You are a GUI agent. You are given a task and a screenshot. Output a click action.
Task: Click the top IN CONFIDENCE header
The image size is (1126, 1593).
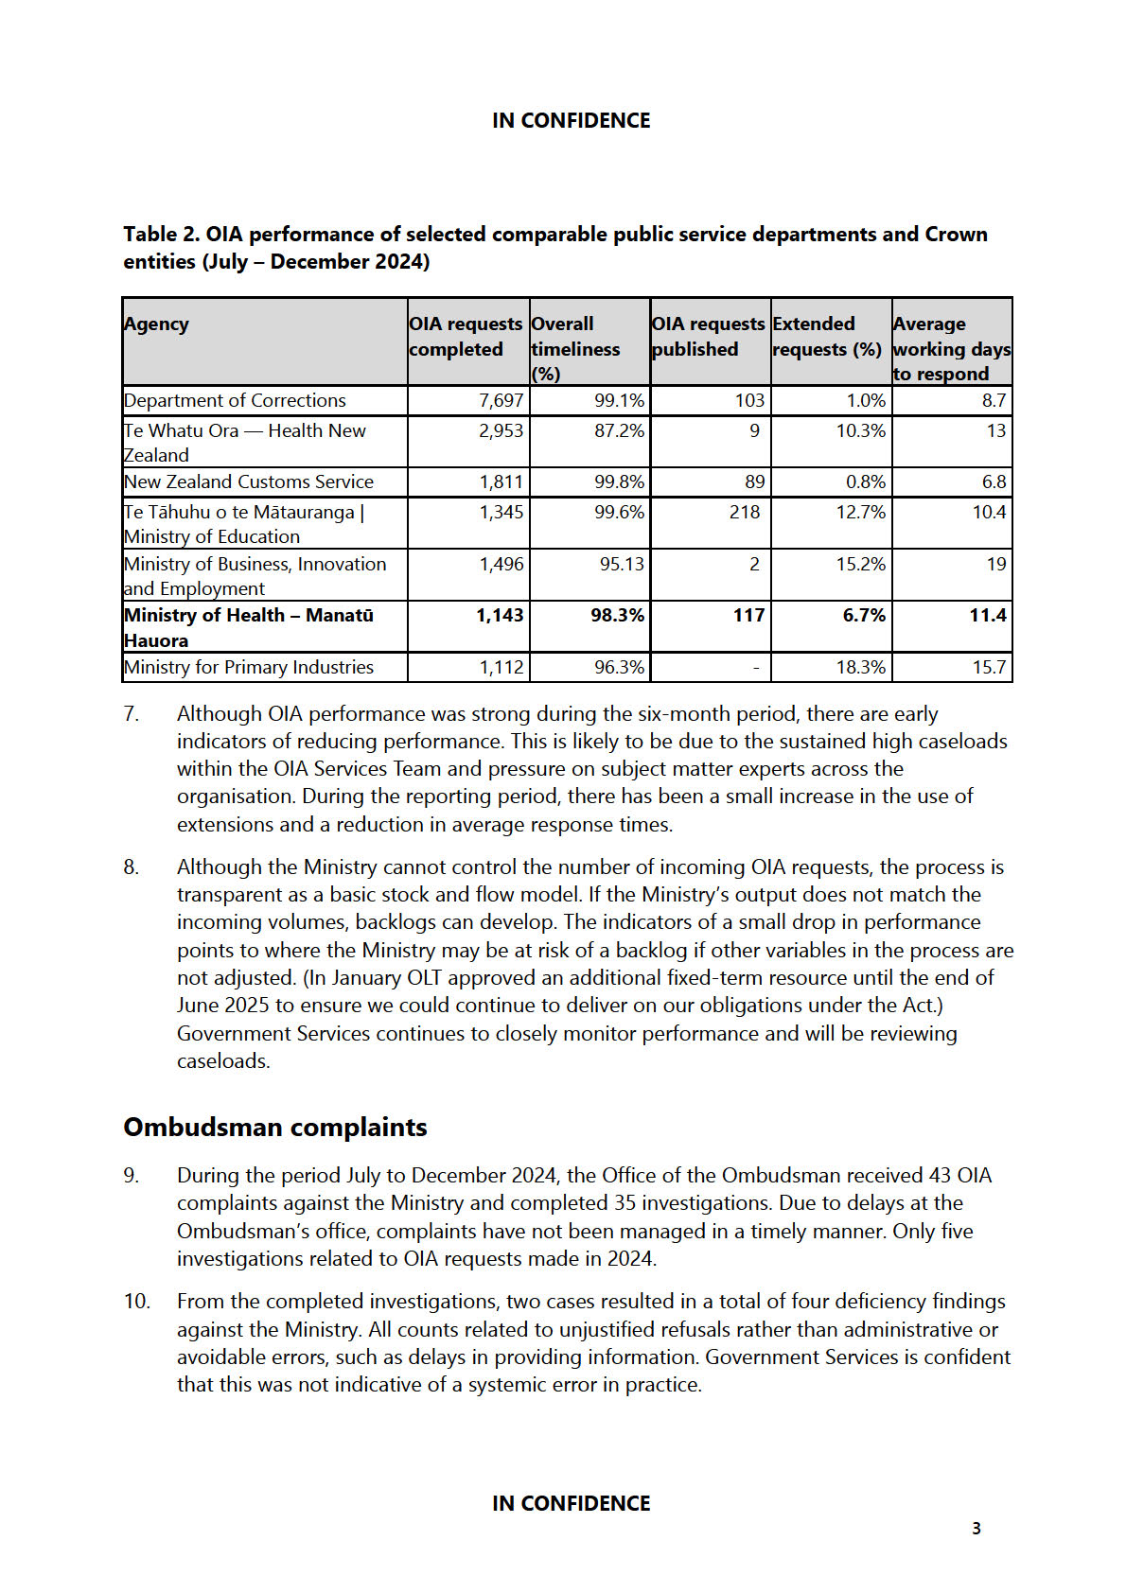[571, 121]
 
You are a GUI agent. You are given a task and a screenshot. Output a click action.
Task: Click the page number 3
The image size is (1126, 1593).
[976, 1528]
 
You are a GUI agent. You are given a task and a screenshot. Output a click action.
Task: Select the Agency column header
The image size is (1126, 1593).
[156, 324]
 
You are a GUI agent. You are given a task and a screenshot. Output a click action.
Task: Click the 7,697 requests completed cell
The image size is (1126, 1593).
[501, 401]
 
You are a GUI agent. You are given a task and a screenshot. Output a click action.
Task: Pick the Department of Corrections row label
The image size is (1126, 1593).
[235, 401]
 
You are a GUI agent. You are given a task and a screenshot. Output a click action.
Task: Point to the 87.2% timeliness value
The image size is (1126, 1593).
[619, 431]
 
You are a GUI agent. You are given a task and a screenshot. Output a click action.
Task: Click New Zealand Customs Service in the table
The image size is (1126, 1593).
[249, 482]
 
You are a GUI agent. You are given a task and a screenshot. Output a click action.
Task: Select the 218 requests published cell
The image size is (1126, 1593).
[745, 513]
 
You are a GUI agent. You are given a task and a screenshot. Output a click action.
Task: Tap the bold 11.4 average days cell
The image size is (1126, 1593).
[987, 616]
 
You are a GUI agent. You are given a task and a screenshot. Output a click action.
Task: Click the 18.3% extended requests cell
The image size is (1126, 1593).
[860, 668]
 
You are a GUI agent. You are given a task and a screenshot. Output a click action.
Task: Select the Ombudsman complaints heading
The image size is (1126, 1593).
[275, 1128]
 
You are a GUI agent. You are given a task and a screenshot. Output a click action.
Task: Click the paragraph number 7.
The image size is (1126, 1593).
[132, 714]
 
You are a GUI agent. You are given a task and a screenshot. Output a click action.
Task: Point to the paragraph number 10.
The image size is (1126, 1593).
[136, 1302]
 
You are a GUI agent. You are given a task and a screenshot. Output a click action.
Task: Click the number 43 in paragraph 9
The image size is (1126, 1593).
[940, 1176]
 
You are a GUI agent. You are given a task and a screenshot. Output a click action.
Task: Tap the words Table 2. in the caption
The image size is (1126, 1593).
[161, 235]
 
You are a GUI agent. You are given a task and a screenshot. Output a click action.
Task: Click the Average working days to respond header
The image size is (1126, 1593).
[951, 348]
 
